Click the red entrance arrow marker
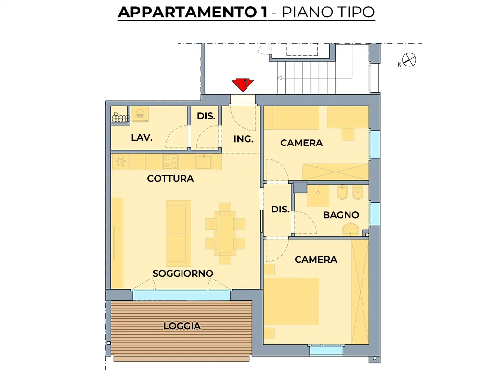coord(243,85)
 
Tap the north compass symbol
coord(409,60)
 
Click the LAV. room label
coord(142,137)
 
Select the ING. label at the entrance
coord(243,139)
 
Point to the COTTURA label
coord(170,178)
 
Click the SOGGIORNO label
coord(182,273)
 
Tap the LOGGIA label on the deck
coord(182,326)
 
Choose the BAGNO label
coord(341,215)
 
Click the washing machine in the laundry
coord(140,114)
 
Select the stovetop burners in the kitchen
coord(170,161)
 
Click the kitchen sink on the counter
coord(204,161)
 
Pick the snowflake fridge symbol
coord(120,162)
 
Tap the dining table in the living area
coord(225,234)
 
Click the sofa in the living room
coord(178,234)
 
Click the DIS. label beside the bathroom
coord(280,209)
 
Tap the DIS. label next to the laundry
coord(206,116)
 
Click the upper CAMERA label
coord(301,143)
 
